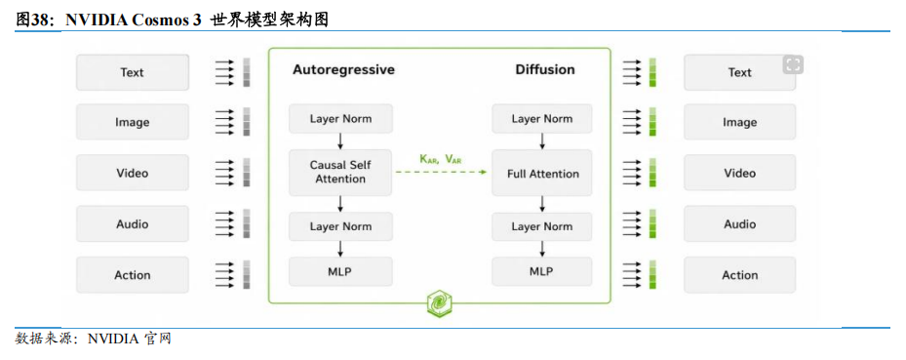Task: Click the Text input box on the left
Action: [x=133, y=72]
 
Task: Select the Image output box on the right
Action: [x=739, y=122]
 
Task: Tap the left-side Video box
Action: [x=133, y=173]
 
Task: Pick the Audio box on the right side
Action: [x=739, y=223]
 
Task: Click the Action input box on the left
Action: [x=133, y=275]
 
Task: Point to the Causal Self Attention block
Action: [x=340, y=173]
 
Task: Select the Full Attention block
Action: [x=542, y=173]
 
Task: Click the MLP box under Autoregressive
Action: [x=340, y=271]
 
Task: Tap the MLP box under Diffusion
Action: [x=542, y=271]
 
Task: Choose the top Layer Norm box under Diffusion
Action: [x=542, y=118]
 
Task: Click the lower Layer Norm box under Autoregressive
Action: [x=340, y=226]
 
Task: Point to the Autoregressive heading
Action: [x=344, y=70]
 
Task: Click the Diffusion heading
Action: [x=545, y=70]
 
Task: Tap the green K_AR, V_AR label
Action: [x=441, y=159]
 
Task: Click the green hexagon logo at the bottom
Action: [x=439, y=302]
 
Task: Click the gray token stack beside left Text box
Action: [x=247, y=72]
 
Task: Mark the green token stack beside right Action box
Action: [x=652, y=274]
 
